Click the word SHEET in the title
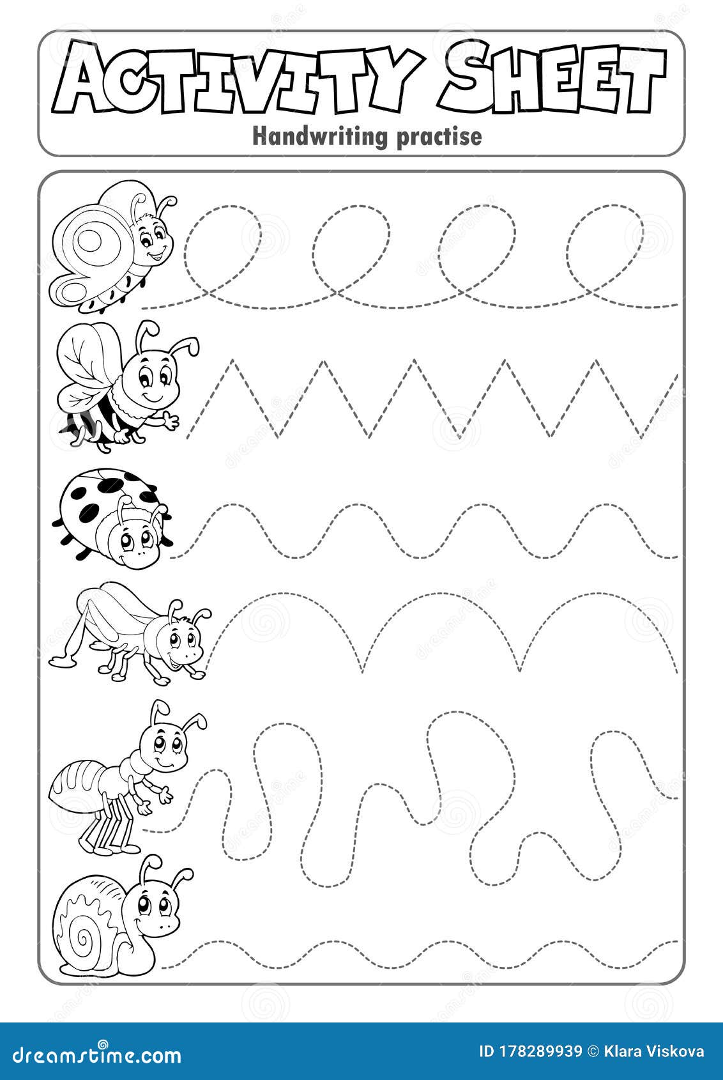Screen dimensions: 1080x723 pos(553,78)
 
